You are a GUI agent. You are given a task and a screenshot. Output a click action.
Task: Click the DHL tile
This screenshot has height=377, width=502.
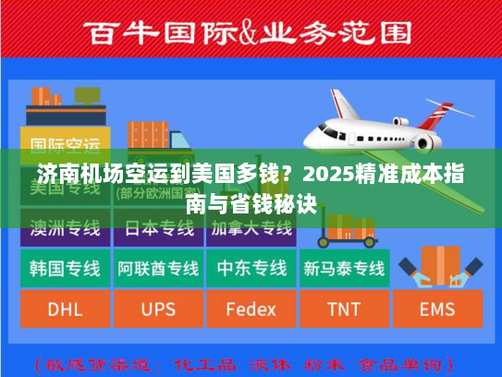pyautogui.click(x=65, y=309)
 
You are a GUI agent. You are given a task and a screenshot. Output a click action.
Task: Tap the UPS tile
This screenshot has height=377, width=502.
pyautogui.click(x=158, y=309)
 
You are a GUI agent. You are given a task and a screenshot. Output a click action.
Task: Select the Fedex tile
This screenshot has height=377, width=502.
pyautogui.click(x=251, y=309)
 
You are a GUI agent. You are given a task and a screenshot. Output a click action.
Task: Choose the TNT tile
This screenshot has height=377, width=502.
pyautogui.click(x=343, y=309)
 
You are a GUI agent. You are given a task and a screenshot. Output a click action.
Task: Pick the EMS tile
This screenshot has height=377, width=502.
pyautogui.click(x=437, y=309)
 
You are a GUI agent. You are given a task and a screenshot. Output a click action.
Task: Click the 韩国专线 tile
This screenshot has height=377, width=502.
pyautogui.click(x=65, y=268)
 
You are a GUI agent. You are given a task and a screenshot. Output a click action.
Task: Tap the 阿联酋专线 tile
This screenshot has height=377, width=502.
pyautogui.click(x=158, y=268)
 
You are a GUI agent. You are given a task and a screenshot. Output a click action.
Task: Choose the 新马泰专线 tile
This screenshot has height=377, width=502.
pyautogui.click(x=344, y=268)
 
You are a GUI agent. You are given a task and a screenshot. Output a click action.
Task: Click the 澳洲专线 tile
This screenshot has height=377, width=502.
pyautogui.click(x=65, y=227)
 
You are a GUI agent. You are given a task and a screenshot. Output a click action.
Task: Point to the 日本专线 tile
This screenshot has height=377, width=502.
pyautogui.click(x=158, y=227)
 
